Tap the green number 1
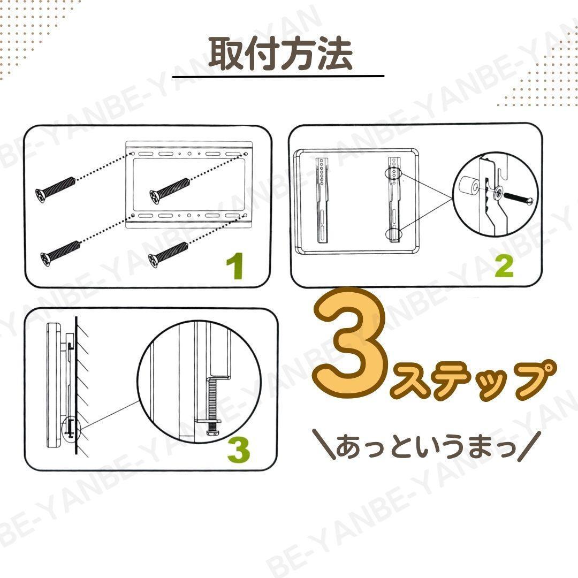coord(235,265)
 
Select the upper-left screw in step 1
coord(55,187)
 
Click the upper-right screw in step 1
coord(170,190)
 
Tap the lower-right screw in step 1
coord(168,255)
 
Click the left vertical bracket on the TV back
coord(322,200)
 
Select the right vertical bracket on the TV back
coord(394,200)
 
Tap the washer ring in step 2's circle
coord(499,192)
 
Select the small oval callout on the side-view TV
coord(71,429)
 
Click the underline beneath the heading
coord(278,77)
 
